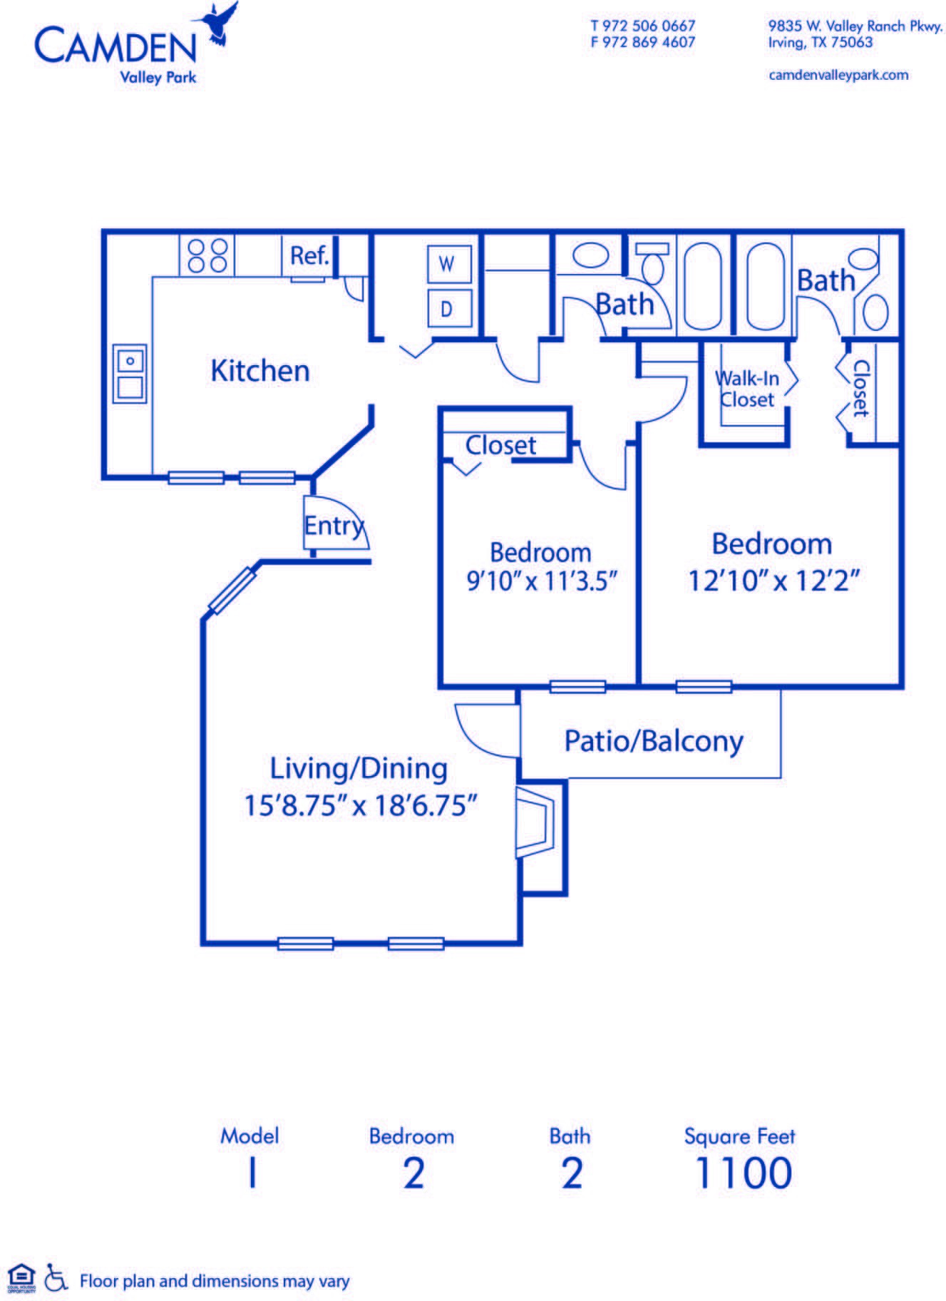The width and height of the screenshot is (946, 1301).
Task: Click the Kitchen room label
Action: [x=260, y=371]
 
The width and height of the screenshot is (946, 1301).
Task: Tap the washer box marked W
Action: [x=447, y=265]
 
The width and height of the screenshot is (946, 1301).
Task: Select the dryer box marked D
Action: [x=447, y=308]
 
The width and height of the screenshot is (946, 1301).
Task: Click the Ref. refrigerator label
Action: [x=309, y=255]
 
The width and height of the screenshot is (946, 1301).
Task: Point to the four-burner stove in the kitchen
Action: [x=207, y=255]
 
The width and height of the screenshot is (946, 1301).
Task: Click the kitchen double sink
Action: [x=130, y=374]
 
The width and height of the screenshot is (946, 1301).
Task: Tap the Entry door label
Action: [x=334, y=526]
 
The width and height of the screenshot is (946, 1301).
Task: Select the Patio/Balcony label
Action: [x=654, y=741]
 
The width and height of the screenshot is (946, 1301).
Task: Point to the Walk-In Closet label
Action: [x=746, y=389]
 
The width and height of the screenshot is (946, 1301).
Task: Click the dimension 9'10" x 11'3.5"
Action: [x=541, y=581]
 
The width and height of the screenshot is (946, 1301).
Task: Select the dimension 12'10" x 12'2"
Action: [x=773, y=581]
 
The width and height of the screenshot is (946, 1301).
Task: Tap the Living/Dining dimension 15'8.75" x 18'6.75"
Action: [x=360, y=806]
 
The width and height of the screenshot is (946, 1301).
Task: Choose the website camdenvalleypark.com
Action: [x=838, y=75]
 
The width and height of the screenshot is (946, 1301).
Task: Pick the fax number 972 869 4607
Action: [x=649, y=42]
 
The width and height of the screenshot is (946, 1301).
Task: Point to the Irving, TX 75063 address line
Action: [x=821, y=42]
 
